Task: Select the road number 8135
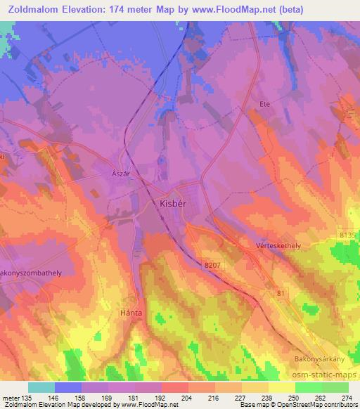click(x=348, y=236)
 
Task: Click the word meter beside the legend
click(x=11, y=397)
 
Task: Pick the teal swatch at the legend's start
click(x=41, y=387)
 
